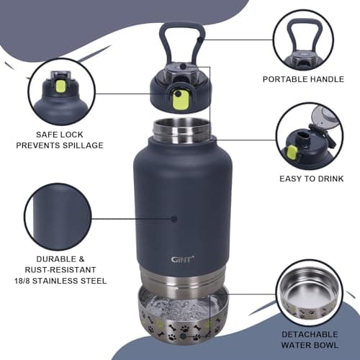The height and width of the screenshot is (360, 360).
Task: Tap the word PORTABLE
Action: coord(286,79)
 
